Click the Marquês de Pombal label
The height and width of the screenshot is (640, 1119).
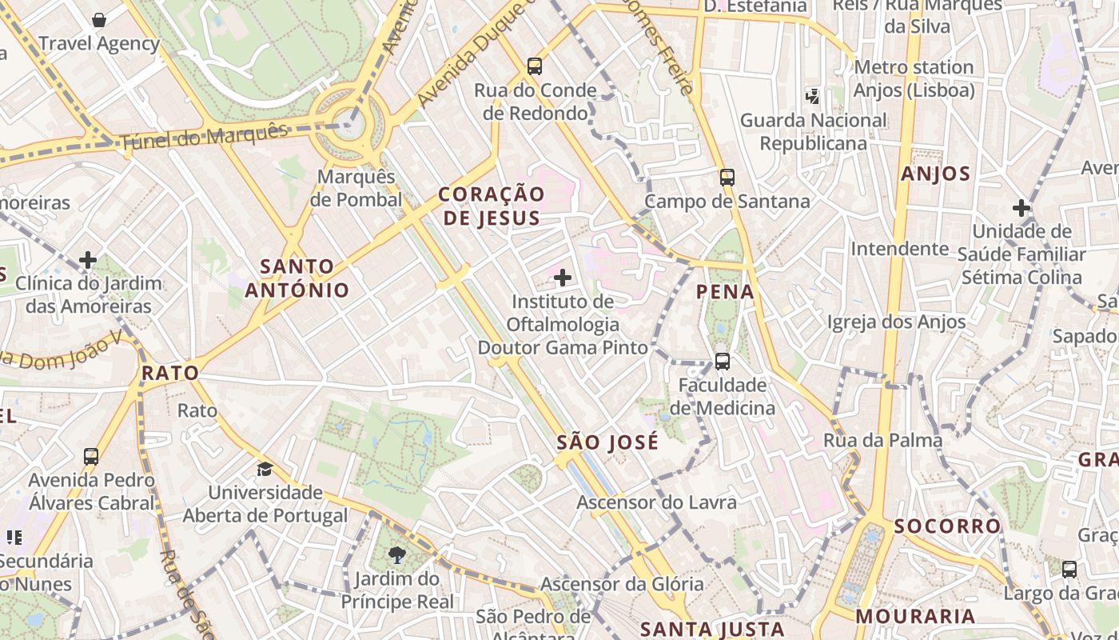click(356, 188)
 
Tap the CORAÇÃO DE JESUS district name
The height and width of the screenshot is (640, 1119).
click(492, 206)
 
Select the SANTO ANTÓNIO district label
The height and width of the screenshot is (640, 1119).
click(297, 278)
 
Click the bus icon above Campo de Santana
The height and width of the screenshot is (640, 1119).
click(727, 177)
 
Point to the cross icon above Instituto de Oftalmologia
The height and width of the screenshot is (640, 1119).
click(563, 278)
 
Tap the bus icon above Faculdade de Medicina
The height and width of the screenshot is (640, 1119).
click(723, 361)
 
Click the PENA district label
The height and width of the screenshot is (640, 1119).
click(725, 292)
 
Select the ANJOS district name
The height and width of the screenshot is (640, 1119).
click(935, 174)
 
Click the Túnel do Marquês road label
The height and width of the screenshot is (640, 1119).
click(203, 137)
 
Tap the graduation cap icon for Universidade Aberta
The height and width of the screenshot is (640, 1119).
click(265, 468)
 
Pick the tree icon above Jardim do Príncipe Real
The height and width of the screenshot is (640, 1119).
click(396, 554)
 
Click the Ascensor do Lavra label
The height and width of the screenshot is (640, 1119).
click(656, 502)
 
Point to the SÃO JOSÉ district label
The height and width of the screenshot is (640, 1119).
click(607, 442)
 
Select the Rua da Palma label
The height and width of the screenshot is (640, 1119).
click(882, 440)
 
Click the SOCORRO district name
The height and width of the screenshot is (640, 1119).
click(947, 526)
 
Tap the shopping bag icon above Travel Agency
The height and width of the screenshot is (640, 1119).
click(99, 20)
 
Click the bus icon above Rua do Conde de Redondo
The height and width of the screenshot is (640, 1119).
click(535, 66)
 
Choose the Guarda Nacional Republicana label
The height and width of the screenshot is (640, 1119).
click(813, 132)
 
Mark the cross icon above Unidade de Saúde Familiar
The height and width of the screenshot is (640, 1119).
click(1021, 208)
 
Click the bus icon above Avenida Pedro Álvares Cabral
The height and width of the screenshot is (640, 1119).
click(91, 457)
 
